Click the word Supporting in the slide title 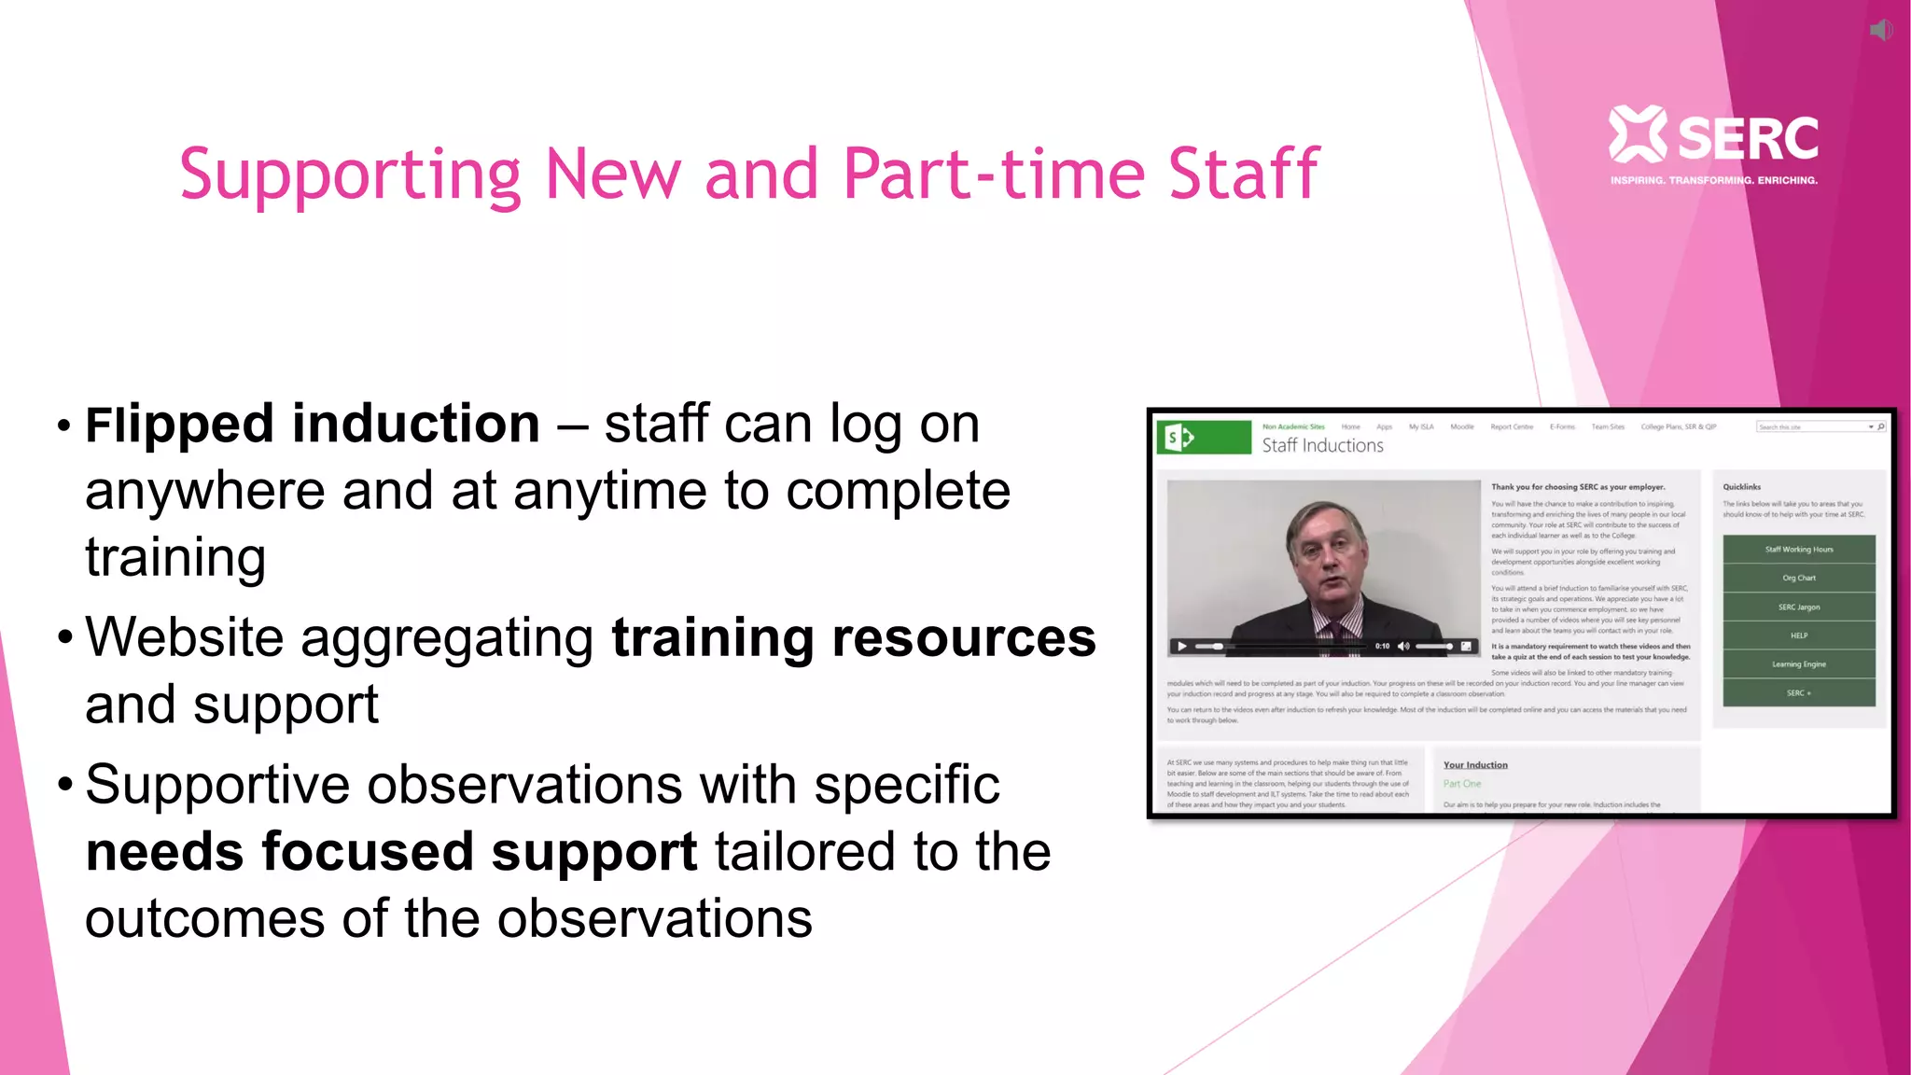pos(350,175)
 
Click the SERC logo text pos(1748,138)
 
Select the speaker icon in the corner pos(1881,30)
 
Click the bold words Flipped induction pos(313,425)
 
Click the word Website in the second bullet pos(185,638)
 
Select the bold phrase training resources pos(853,638)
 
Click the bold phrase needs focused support pos(391,852)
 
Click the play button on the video pos(1181,646)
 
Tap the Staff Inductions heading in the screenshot pos(1322,446)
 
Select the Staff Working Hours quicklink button pos(1798,550)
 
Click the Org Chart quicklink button pos(1798,579)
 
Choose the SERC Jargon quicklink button pos(1798,607)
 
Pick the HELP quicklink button pos(1798,635)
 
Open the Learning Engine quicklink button pos(1798,664)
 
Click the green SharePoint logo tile pos(1204,437)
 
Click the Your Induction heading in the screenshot pos(1474,765)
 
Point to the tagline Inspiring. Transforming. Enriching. pos(1713,180)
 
